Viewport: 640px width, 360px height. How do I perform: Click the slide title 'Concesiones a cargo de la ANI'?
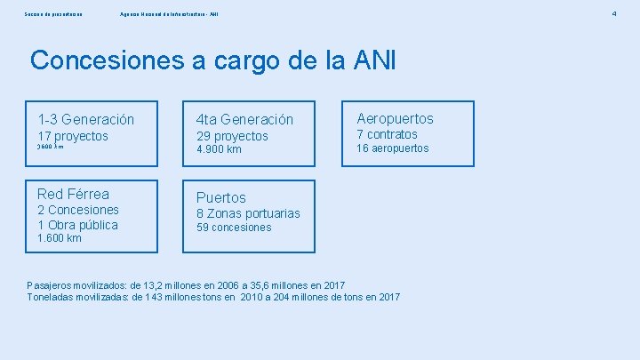click(212, 60)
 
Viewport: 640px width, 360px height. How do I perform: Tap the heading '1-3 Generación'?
click(85, 119)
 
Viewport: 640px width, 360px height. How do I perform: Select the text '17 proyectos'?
click(73, 136)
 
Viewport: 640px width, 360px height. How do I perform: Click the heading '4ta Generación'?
click(244, 119)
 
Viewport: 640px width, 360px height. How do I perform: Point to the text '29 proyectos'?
click(232, 136)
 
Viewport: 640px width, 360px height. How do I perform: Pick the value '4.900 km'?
click(219, 149)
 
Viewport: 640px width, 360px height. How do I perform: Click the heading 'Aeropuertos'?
click(395, 118)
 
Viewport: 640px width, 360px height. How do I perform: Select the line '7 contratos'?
click(387, 134)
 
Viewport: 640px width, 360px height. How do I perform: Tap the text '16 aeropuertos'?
click(392, 148)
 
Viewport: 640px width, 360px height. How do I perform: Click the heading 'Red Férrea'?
click(73, 194)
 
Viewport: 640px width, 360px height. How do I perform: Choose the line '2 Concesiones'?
click(78, 210)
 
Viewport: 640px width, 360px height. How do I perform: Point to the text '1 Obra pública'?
click(77, 225)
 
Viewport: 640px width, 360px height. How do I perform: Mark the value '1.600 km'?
click(60, 238)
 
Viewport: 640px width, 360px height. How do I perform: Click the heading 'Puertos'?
click(220, 197)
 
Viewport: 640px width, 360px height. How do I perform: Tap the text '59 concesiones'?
click(234, 228)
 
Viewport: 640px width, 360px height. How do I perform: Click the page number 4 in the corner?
click(613, 14)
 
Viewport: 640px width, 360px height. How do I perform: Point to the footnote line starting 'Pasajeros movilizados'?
click(186, 284)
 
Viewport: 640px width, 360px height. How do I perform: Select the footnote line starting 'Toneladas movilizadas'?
click(213, 296)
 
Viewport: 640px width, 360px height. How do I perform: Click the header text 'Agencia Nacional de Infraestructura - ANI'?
click(169, 14)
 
